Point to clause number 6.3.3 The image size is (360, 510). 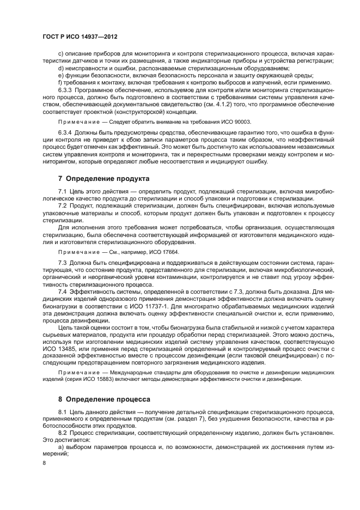pos(66,87)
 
